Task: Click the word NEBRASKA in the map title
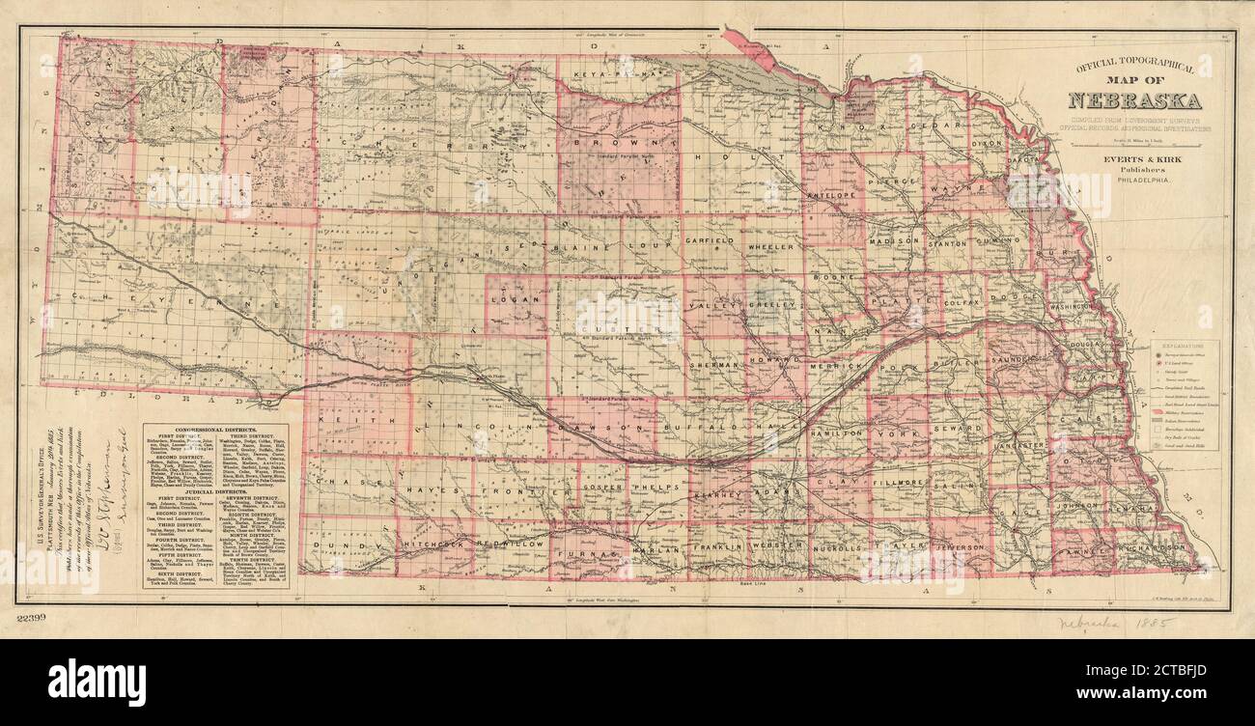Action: pyautogui.click(x=1134, y=100)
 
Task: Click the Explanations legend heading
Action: pyautogui.click(x=1183, y=344)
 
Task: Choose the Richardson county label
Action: pyautogui.click(x=1149, y=547)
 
